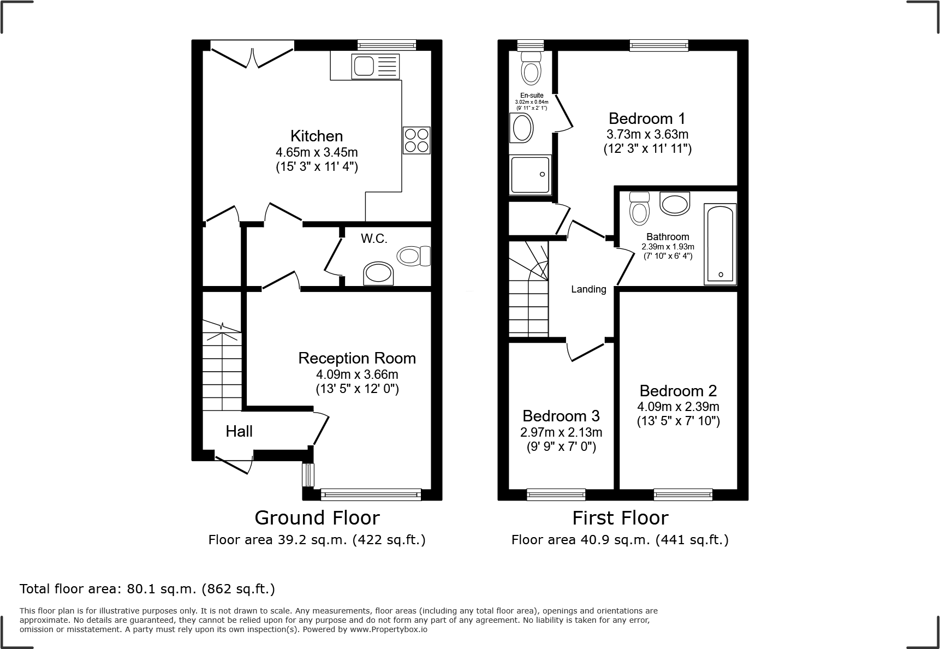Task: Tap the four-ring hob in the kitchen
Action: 417,140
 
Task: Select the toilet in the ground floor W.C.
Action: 414,255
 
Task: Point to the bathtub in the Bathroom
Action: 721,244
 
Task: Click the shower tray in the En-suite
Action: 530,175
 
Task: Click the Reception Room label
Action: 357,358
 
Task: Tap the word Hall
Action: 239,431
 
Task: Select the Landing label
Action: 588,289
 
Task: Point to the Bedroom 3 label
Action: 561,416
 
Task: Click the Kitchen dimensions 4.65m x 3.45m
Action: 317,152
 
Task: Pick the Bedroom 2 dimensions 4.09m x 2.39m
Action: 678,407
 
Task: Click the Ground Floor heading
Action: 317,517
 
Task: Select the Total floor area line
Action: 147,589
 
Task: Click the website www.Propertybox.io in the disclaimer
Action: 389,629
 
